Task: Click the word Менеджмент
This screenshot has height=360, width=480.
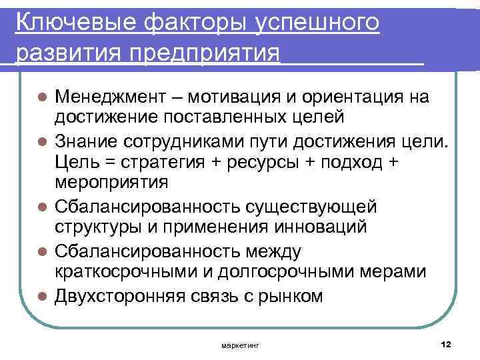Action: pyautogui.click(x=112, y=98)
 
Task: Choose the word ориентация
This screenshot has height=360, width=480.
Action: pyautogui.click(x=355, y=98)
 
